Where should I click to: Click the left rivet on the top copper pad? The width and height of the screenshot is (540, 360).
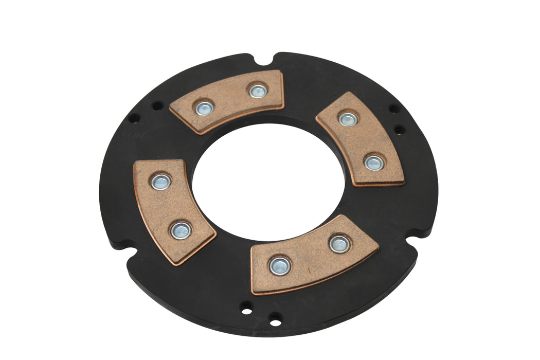204,108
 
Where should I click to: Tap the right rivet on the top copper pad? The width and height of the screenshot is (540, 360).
257,91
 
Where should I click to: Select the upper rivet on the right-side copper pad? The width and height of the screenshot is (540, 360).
348,119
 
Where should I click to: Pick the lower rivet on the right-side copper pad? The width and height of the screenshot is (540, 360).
373,163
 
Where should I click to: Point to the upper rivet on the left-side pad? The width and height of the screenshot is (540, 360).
160,181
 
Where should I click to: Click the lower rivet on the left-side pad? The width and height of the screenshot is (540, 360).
181,230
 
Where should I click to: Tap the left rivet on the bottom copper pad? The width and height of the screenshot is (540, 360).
279,265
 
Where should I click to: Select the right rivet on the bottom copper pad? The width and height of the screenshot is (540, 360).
339,243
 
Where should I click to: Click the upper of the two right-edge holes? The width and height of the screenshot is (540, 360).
393,109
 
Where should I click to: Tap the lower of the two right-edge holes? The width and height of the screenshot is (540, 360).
399,129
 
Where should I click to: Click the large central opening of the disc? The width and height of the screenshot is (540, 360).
267,180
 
